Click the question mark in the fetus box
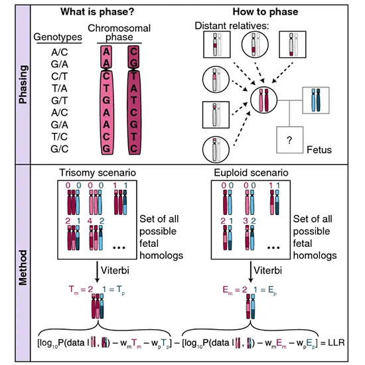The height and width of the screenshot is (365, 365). click(289, 140)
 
